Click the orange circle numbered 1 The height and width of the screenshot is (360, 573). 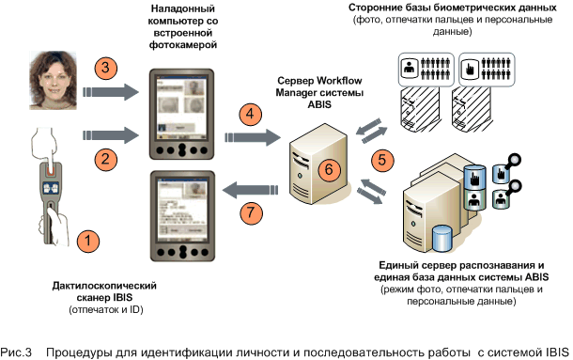(x=87, y=241)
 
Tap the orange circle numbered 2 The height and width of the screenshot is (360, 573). (x=105, y=159)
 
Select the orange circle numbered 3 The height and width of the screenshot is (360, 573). (x=105, y=68)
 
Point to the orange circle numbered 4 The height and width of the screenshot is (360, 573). (x=250, y=114)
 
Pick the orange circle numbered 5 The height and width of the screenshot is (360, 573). (x=382, y=160)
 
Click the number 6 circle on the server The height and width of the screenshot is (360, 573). (x=329, y=169)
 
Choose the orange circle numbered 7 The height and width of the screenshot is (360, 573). (x=251, y=212)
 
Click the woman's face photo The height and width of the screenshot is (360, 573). (x=54, y=81)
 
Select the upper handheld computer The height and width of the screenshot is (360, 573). (x=181, y=114)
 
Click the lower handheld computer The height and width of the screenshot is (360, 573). (x=183, y=216)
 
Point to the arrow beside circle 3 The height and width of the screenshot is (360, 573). (x=111, y=92)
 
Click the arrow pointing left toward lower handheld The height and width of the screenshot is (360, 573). (x=250, y=190)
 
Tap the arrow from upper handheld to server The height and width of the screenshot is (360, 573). (x=253, y=137)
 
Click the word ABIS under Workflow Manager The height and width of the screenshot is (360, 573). (x=319, y=104)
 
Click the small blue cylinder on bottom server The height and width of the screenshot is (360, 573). (x=442, y=239)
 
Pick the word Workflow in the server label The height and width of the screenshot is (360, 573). (x=339, y=80)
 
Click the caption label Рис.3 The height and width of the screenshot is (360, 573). (x=16, y=352)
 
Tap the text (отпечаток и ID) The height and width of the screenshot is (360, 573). (x=106, y=309)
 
